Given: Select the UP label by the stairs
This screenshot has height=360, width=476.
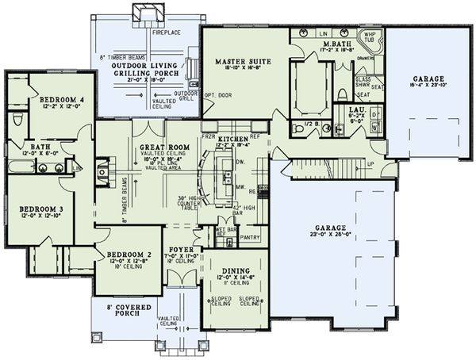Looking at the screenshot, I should (x=370, y=163).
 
